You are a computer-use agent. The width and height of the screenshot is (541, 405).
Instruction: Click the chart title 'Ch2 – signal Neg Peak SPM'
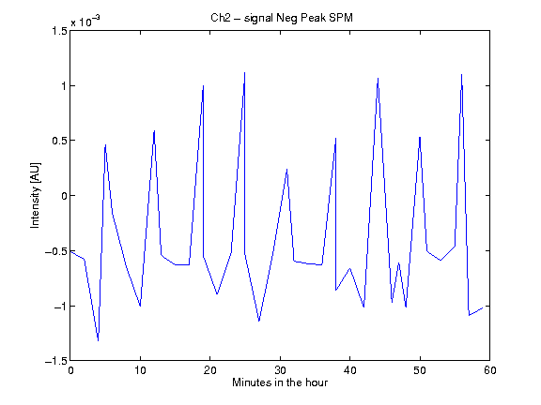(x=282, y=18)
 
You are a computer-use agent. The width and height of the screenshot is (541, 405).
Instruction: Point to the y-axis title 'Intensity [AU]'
(x=35, y=195)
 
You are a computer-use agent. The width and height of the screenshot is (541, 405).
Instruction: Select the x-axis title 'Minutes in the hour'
(x=280, y=382)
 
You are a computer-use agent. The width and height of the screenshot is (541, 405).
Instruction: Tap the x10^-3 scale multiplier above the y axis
(x=85, y=21)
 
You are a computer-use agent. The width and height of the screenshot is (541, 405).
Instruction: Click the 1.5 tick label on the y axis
(x=59, y=31)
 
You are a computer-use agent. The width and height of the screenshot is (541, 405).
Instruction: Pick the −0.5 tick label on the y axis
(x=56, y=251)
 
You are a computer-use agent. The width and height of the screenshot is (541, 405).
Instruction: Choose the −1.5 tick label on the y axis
(x=56, y=361)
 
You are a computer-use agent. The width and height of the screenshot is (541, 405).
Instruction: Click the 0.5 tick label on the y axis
(x=59, y=141)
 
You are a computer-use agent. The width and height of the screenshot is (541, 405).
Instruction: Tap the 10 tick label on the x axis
(x=140, y=370)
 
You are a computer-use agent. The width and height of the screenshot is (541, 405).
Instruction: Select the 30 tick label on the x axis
(x=280, y=370)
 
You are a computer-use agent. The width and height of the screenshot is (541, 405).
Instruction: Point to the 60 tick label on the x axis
(x=490, y=370)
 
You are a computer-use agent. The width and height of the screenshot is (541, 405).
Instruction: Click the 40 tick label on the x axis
(x=349, y=370)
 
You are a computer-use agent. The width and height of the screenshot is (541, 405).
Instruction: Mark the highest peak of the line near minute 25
(x=244, y=73)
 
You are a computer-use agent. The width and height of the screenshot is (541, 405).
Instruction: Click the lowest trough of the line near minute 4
(x=99, y=341)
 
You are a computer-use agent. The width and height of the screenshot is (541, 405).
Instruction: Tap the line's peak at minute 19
(x=203, y=85)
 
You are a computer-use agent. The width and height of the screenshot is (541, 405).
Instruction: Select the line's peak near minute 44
(x=379, y=78)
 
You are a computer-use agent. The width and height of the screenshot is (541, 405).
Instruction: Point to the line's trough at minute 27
(x=259, y=321)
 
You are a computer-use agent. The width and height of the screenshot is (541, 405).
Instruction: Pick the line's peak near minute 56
(x=462, y=74)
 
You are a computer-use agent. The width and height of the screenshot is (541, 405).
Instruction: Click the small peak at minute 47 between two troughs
(x=399, y=262)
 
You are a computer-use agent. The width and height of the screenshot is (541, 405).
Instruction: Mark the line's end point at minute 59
(x=483, y=307)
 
